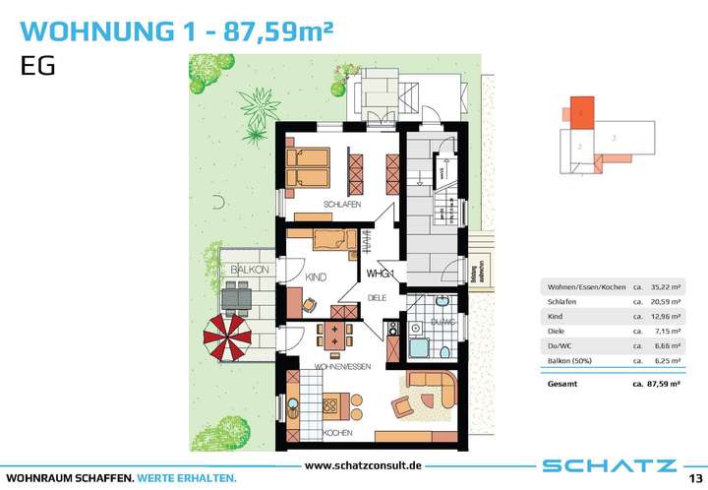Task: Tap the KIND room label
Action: click(315, 278)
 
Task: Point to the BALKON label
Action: click(244, 269)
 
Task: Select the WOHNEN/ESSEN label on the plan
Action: click(341, 367)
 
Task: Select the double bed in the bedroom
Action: click(309, 164)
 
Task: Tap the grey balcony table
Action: click(239, 295)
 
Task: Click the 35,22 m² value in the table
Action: click(664, 286)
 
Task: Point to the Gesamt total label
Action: click(562, 385)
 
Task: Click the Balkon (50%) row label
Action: click(572, 361)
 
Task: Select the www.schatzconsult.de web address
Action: click(363, 464)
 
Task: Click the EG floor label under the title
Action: click(34, 67)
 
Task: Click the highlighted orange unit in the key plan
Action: click(583, 112)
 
